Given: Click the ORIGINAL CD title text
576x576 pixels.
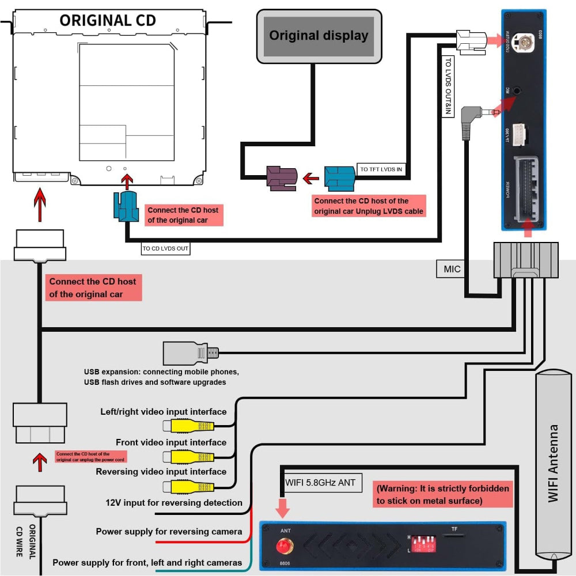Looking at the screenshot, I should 107,20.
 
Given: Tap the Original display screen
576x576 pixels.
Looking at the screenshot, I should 319,36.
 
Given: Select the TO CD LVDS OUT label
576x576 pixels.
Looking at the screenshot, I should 165,249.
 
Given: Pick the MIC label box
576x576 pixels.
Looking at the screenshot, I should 452,269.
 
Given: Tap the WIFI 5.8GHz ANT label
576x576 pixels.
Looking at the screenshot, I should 320,483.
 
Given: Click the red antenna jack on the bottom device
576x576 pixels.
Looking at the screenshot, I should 283,545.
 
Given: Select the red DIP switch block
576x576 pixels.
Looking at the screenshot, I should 423,543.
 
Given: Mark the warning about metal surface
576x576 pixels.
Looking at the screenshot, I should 442,495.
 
